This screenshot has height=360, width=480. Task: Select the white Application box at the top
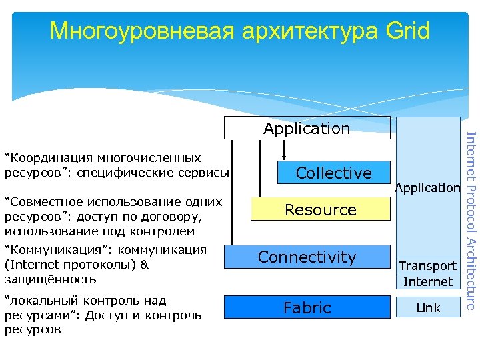[307, 128]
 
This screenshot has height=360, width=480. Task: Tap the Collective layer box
[333, 173]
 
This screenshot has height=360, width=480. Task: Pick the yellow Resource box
[320, 210]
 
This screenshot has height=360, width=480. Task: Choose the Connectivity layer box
[307, 257]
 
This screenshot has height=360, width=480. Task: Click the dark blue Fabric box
[307, 307]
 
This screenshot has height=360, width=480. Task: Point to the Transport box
[427, 265]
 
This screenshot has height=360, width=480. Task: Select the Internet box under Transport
[427, 281]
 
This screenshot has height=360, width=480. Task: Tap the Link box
[427, 307]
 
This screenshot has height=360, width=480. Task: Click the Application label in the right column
[427, 188]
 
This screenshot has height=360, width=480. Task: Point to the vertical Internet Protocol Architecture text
[470, 220]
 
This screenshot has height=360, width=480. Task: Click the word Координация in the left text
[51, 159]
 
